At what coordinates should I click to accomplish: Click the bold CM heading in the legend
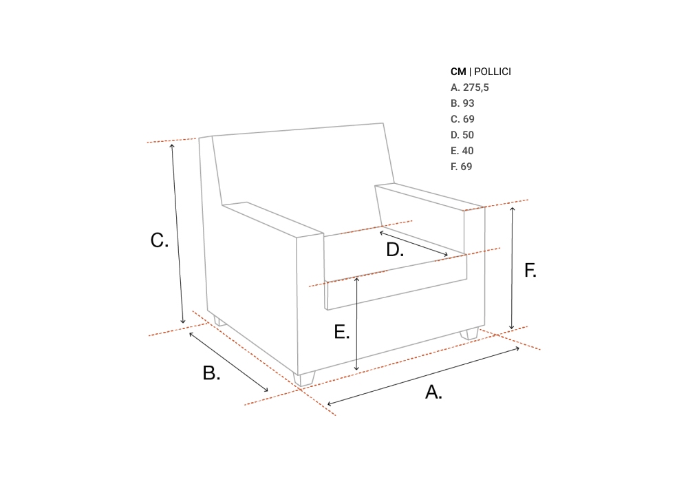click(458, 72)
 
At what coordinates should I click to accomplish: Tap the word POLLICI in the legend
click(493, 72)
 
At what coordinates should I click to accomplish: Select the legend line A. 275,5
click(469, 87)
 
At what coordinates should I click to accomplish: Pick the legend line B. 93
click(462, 103)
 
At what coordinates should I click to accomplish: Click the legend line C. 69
click(462, 119)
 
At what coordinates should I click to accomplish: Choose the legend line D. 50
click(462, 135)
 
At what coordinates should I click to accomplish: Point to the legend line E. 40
click(462, 151)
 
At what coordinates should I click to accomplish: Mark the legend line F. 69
click(461, 167)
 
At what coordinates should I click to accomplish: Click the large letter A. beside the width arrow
click(433, 392)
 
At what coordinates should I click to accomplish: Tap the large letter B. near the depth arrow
click(211, 373)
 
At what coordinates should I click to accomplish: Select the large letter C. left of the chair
click(160, 240)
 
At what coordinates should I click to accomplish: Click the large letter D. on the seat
click(395, 250)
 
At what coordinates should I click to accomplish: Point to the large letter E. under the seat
click(342, 332)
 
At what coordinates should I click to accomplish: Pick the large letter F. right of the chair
click(530, 271)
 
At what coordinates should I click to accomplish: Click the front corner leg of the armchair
click(304, 379)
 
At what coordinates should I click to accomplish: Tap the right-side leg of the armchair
click(469, 334)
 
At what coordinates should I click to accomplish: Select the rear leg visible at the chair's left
click(219, 321)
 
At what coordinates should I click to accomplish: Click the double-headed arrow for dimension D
click(413, 243)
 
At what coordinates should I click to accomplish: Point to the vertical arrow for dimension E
click(356, 324)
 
